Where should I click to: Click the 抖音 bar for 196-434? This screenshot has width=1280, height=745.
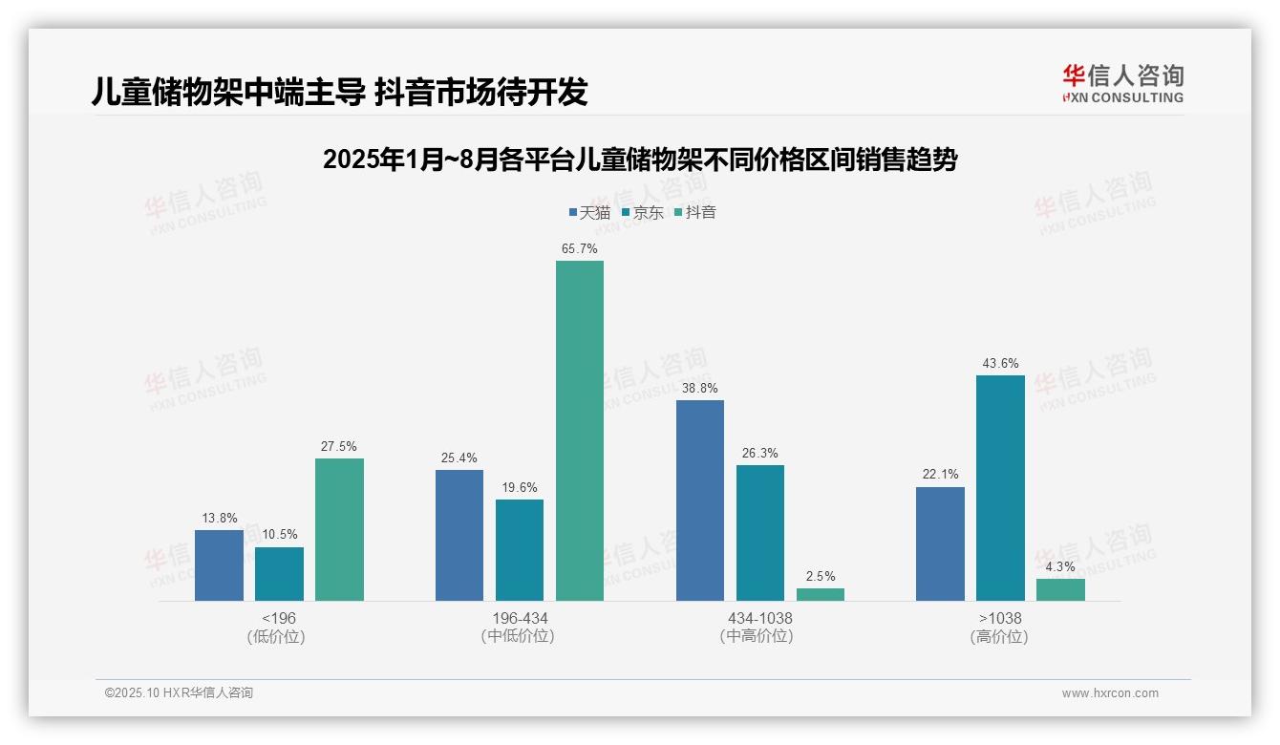pyautogui.click(x=580, y=431)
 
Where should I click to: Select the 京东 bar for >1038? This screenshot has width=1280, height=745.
pyautogui.click(x=1000, y=488)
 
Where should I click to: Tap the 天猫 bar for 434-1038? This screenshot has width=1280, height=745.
pyautogui.click(x=700, y=500)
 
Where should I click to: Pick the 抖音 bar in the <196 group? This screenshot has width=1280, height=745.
pyautogui.click(x=339, y=530)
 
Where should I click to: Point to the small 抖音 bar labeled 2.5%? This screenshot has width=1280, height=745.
pyautogui.click(x=821, y=594)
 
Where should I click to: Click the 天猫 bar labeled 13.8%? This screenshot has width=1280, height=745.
pyautogui.click(x=219, y=565)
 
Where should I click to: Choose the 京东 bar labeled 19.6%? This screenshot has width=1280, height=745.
pyautogui.click(x=520, y=550)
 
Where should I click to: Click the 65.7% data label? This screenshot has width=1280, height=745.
pyautogui.click(x=580, y=249)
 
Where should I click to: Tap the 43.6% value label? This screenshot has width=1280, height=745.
pyautogui.click(x=1000, y=364)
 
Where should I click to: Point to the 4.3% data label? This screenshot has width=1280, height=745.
pyautogui.click(x=1060, y=567)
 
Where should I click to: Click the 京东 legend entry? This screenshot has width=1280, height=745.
pyautogui.click(x=642, y=213)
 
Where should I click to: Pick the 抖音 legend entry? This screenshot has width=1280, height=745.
pyautogui.click(x=695, y=213)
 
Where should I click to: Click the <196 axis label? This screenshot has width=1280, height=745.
pyautogui.click(x=279, y=619)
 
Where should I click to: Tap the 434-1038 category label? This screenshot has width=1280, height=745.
pyautogui.click(x=760, y=619)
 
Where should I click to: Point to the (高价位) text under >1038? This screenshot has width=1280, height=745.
pyautogui.click(x=1000, y=637)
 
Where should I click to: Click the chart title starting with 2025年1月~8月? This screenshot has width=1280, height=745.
pyautogui.click(x=640, y=160)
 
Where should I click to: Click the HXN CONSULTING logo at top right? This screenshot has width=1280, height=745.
pyautogui.click(x=1122, y=83)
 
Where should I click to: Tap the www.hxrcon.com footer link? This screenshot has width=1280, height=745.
pyautogui.click(x=1110, y=693)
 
